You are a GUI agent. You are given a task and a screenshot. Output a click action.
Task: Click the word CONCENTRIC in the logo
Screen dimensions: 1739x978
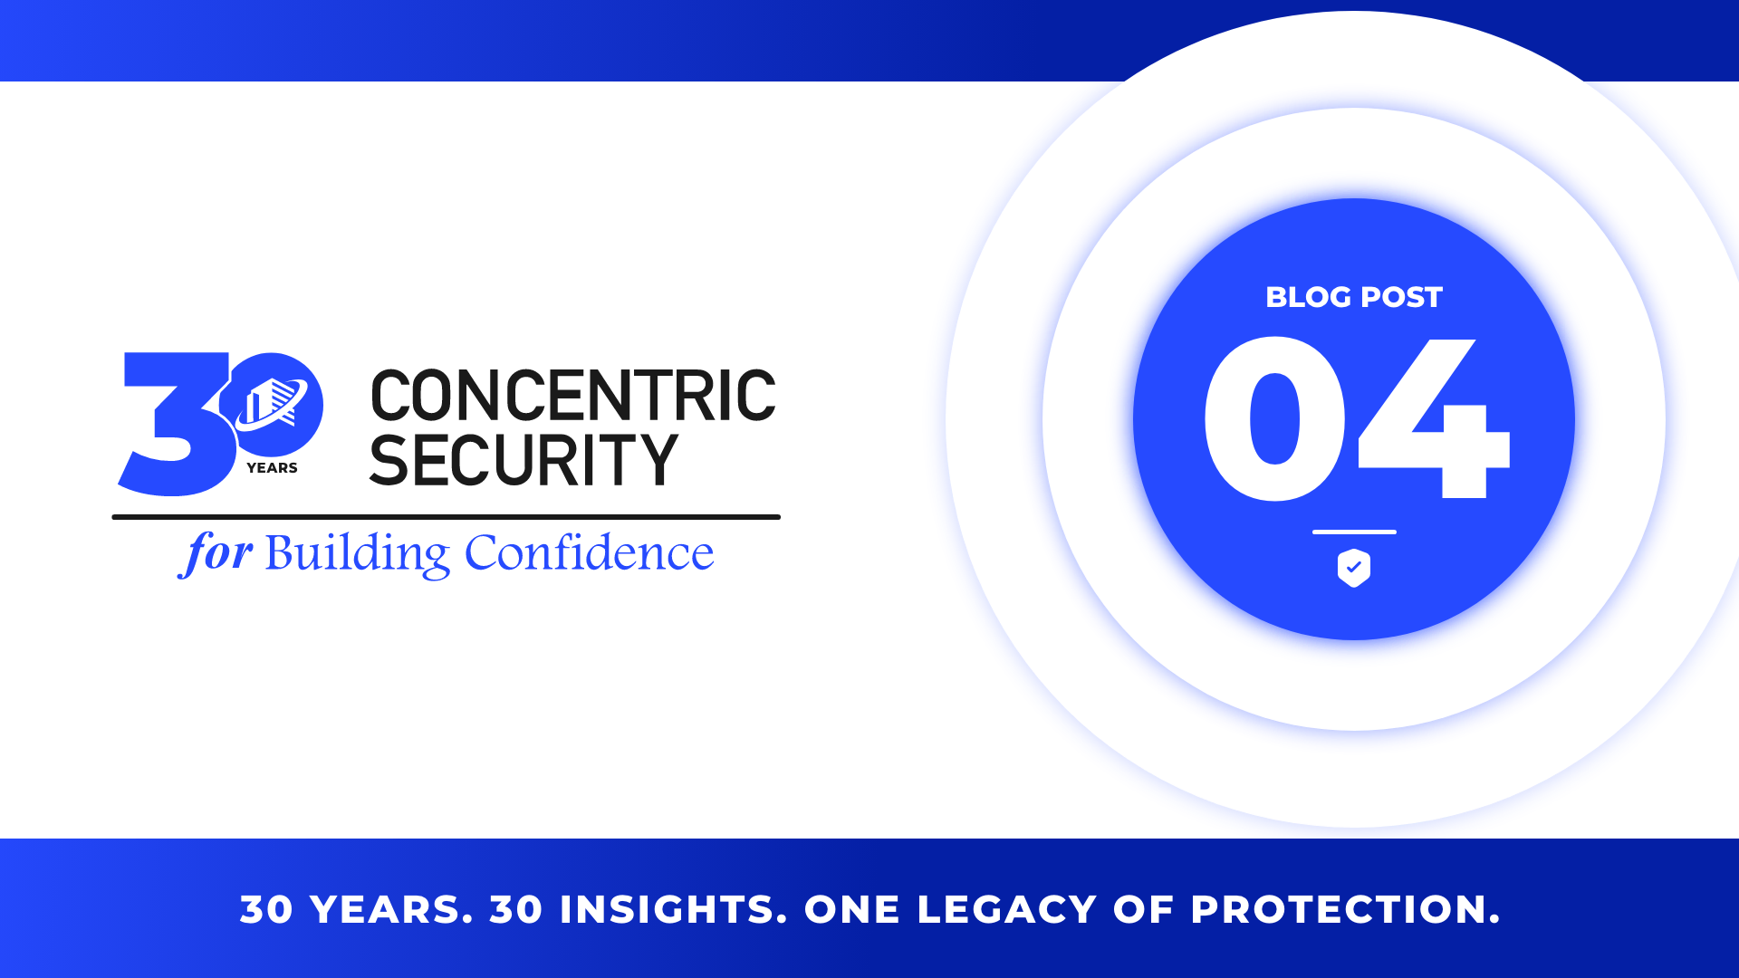573,396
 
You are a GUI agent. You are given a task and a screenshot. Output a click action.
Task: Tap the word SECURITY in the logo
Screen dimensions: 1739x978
524,460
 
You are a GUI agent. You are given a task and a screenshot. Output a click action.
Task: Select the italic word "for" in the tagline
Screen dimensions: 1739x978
216,553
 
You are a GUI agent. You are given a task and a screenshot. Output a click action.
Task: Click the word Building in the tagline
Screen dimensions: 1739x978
357,553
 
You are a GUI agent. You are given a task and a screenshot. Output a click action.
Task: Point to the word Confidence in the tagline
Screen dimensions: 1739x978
589,552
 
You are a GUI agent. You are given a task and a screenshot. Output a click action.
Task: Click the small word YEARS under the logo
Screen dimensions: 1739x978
272,468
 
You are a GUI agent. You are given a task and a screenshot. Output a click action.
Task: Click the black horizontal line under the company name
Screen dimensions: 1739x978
446,517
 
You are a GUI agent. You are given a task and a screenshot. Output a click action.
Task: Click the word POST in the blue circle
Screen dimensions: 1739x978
1401,297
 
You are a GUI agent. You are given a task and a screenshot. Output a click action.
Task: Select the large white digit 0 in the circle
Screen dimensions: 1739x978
1274,418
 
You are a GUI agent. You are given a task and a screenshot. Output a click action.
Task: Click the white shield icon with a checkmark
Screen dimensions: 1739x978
1354,568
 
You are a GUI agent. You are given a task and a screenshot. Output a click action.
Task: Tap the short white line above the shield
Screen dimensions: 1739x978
1354,532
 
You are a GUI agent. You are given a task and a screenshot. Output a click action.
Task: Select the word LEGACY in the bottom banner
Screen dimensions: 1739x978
1007,909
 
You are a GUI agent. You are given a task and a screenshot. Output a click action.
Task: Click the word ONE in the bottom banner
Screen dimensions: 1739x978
852,909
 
